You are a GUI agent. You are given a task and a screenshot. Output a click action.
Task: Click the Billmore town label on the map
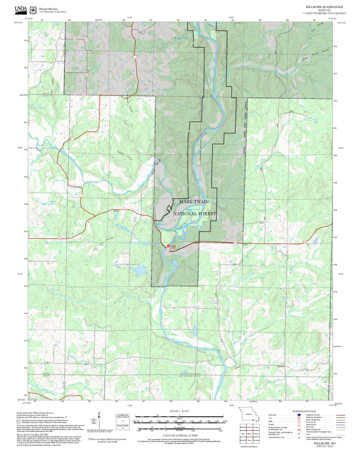coord(116,211)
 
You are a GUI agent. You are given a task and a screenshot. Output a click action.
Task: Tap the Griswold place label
coord(281,366)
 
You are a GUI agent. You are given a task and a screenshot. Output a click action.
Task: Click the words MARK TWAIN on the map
coord(194,201)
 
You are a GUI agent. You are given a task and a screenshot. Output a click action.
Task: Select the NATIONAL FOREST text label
coord(195,213)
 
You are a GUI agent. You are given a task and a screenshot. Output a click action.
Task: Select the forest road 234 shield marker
coord(74,39)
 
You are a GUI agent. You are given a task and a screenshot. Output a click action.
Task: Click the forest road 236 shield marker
coord(86,75)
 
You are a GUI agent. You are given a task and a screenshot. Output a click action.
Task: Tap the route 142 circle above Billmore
coord(124,209)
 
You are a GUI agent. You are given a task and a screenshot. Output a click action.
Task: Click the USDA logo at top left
coord(21,9)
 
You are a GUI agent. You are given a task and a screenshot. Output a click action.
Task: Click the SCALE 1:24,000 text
coord(179,411)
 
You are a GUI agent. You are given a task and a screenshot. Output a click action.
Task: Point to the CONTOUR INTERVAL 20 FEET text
coord(180,435)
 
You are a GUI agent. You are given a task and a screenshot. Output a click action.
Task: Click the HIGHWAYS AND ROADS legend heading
coord(304,411)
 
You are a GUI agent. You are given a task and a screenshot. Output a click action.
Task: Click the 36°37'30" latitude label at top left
coord(18,23)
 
